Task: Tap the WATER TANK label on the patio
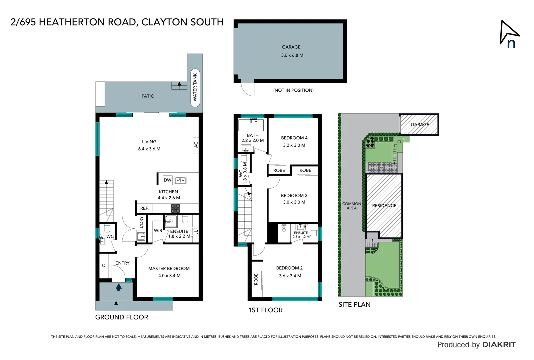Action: [x=195, y=88]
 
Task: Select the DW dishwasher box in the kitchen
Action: [x=167, y=180]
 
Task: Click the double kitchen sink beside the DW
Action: [x=180, y=180]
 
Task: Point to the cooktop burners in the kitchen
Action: [x=176, y=208]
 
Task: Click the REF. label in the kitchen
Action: [x=144, y=208]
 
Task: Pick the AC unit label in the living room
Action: [x=196, y=145]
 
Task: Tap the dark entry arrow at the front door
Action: [x=119, y=287]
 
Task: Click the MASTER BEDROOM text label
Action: [x=169, y=268]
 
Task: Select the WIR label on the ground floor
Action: [x=158, y=230]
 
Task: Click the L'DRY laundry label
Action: [x=141, y=222]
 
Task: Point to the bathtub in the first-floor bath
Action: [x=251, y=125]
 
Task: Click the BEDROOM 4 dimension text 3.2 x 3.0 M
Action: [x=294, y=145]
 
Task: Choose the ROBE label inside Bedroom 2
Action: [x=256, y=279]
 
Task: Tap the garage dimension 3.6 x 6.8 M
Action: [x=292, y=55]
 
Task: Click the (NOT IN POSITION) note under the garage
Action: [x=293, y=90]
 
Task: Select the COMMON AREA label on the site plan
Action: [x=352, y=206]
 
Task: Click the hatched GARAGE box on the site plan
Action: [x=419, y=124]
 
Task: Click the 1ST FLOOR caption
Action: [x=266, y=310]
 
